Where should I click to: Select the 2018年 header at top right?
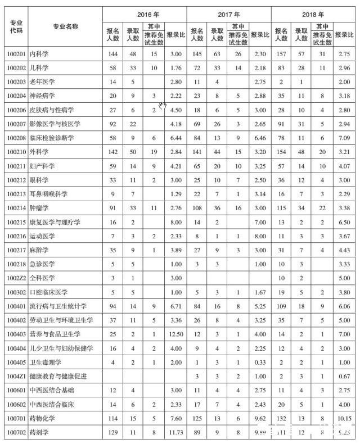[x=313, y=13]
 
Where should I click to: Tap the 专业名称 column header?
[x=65, y=26]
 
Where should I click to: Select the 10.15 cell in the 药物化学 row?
[x=344, y=418]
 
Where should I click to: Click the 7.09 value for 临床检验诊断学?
[x=344, y=137]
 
